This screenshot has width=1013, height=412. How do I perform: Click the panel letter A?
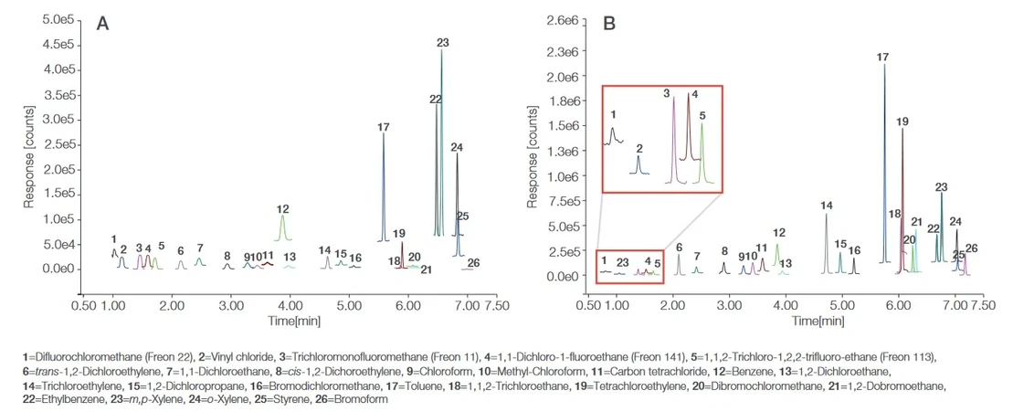click(x=104, y=25)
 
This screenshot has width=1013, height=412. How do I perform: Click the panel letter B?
click(x=610, y=25)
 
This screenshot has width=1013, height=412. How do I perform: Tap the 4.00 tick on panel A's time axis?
click(x=290, y=285)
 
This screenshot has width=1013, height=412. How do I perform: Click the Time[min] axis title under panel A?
click(x=290, y=298)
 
